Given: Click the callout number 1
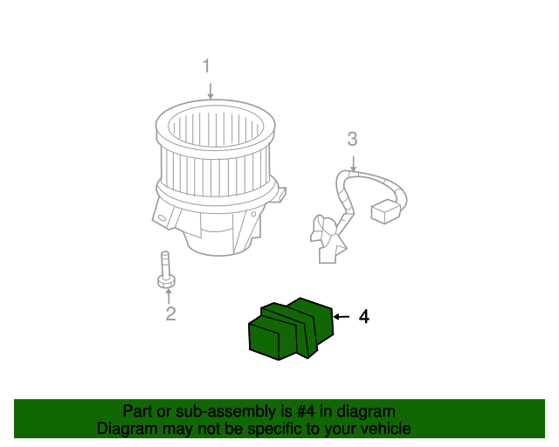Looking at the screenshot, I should coord(207,66).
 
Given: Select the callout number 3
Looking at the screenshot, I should coord(352,139).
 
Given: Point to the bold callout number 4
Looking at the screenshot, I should coord(364,317).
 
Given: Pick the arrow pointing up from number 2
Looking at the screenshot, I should coord(169,295).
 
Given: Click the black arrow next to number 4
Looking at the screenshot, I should coord(342,317).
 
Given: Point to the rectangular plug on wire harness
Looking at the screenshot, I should coord(385,212).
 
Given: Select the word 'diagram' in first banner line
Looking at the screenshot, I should coord(360,411).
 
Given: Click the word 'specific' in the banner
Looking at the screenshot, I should coord(276,429).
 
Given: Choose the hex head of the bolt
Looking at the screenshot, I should coord(165,280).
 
